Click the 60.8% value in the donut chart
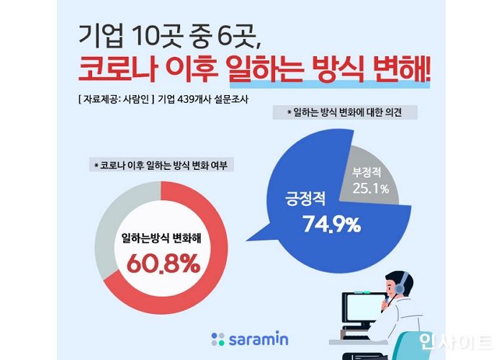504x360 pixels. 163,264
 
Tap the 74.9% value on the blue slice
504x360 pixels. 330,225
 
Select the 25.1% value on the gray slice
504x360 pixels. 371,189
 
